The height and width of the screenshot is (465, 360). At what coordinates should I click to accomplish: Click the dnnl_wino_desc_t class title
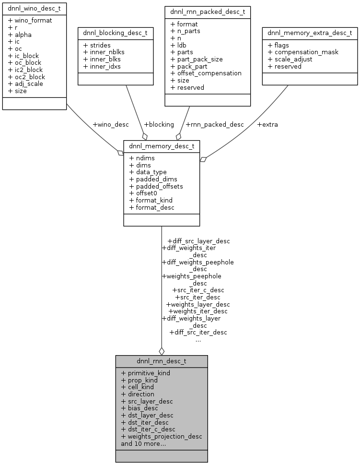(x=34, y=9)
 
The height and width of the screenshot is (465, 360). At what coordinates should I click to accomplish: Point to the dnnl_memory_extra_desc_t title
(x=310, y=33)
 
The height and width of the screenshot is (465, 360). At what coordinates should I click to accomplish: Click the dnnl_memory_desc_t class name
(x=162, y=145)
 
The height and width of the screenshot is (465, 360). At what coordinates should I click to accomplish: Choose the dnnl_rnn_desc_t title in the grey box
(x=162, y=360)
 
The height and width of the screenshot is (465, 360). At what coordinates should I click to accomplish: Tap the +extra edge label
(x=267, y=124)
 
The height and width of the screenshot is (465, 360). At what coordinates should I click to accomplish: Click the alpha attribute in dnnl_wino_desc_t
(x=23, y=35)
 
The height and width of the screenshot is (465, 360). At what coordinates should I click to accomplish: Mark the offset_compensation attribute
(x=206, y=73)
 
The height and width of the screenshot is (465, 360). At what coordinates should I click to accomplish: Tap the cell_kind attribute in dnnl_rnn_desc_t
(x=140, y=387)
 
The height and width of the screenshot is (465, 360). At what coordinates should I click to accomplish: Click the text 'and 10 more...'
(x=143, y=443)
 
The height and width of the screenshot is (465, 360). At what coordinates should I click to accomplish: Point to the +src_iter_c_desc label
(x=198, y=290)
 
